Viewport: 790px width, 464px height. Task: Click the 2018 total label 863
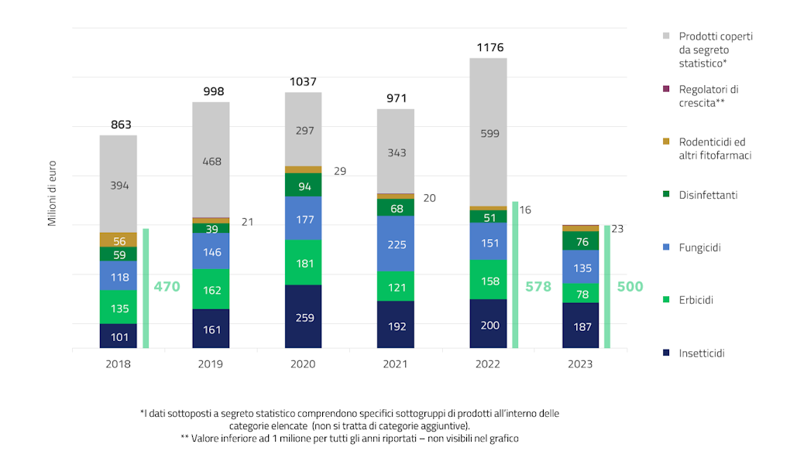[121, 125]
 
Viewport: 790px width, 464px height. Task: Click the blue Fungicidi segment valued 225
[396, 244]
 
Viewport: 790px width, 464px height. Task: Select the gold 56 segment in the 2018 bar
[118, 241]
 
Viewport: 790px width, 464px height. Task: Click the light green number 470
[167, 287]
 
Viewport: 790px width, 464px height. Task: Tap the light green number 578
[538, 287]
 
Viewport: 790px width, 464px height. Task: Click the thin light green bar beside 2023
[607, 286]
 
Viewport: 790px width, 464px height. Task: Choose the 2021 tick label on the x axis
[395, 364]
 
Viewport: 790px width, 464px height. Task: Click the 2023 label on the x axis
[580, 364]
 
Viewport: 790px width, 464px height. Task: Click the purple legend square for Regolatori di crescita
[665, 90]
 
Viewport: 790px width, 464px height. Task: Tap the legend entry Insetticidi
[702, 353]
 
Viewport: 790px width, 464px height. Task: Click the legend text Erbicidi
[696, 300]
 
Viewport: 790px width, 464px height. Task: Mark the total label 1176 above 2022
[489, 48]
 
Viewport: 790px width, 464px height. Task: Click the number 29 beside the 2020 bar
[340, 171]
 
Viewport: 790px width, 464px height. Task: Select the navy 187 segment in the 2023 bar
[580, 326]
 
